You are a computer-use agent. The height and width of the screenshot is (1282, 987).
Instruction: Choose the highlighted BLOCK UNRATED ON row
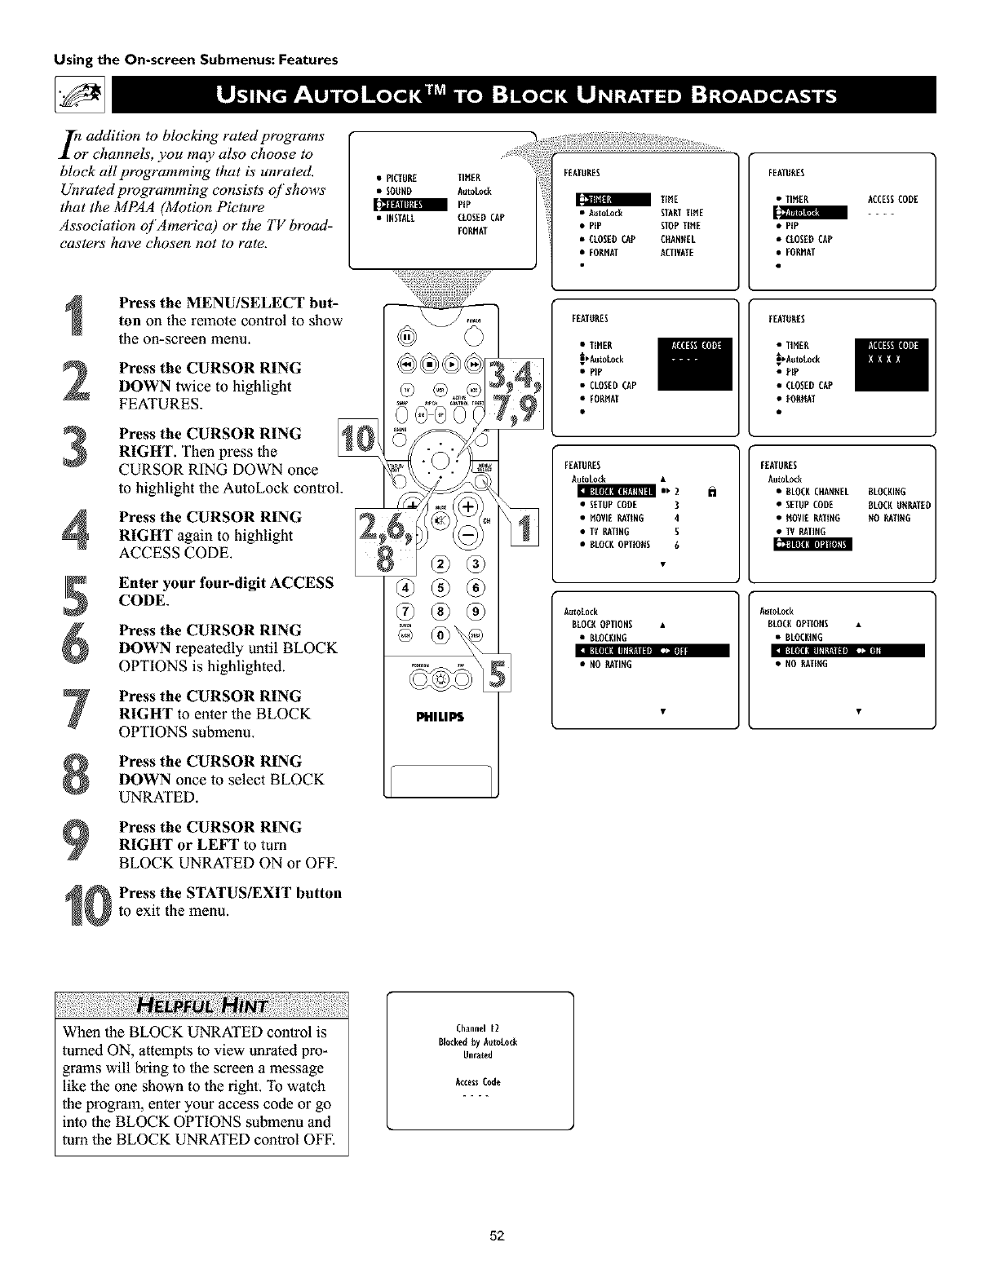coord(840,650)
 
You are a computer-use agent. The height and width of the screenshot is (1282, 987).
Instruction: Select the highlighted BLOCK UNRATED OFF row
coord(644,650)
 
